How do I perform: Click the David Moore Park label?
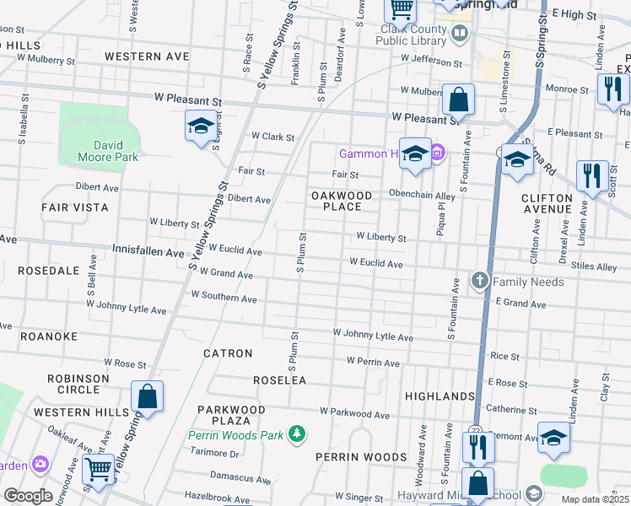[x=107, y=150]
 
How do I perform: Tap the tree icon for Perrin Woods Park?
[x=296, y=433]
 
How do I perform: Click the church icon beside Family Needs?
[x=480, y=281]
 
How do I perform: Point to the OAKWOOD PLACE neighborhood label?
[x=342, y=201]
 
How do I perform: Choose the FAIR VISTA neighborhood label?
[x=75, y=207]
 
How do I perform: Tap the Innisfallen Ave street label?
[x=148, y=252]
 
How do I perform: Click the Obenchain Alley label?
[x=422, y=195]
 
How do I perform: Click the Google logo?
[x=28, y=496]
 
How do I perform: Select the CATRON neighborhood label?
[x=228, y=353]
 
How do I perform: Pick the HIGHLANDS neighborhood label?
[x=440, y=396]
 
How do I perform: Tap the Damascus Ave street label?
[x=240, y=476]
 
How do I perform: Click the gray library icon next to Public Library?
[x=460, y=34]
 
